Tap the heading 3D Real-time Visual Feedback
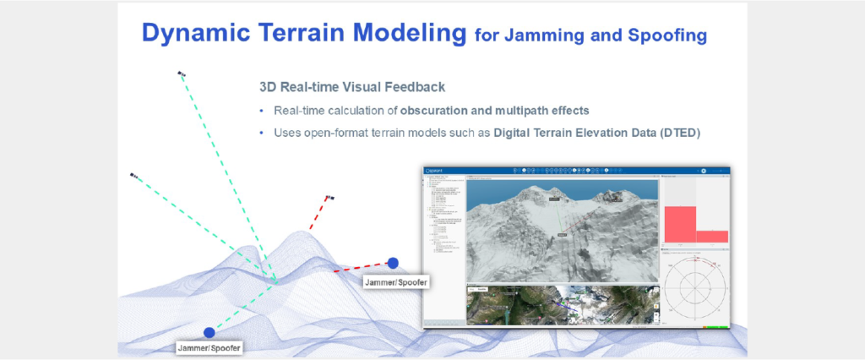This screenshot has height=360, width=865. coord(352,87)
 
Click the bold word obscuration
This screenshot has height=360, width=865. coord(445,112)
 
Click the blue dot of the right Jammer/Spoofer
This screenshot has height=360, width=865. coord(393,263)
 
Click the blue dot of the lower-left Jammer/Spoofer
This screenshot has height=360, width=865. coord(209,332)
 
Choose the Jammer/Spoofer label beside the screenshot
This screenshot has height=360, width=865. coord(395,280)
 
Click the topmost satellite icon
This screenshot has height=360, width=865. coord(181,74)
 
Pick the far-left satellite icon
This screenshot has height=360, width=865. coord(133,176)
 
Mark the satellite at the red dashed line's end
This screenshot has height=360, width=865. coord(329,197)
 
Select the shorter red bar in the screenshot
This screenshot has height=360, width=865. coord(711,237)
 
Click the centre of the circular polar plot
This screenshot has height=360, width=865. coord(697,288)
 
